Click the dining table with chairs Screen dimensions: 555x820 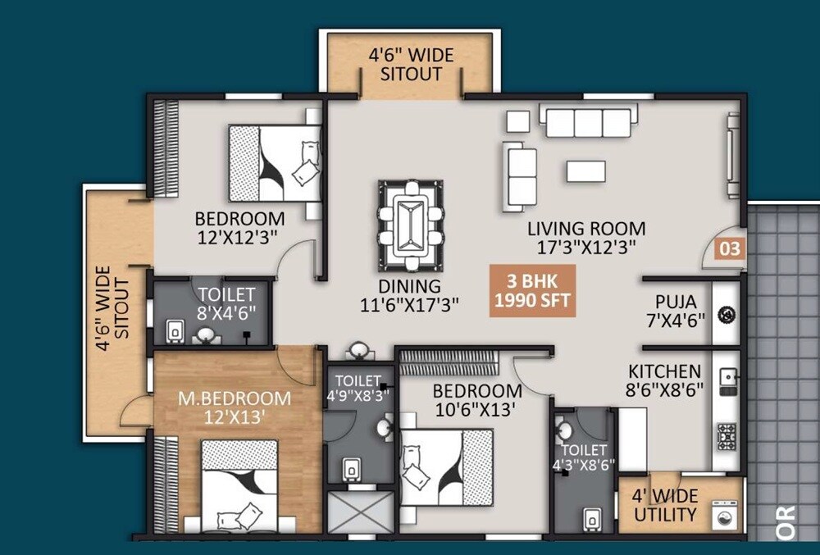tap(410, 225)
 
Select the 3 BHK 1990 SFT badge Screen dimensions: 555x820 tap(531, 290)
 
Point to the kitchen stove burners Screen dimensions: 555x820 tap(727, 434)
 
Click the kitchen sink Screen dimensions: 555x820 tap(727, 377)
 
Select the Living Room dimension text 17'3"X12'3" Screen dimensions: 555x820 tap(585, 245)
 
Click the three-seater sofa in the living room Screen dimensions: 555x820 tap(588, 123)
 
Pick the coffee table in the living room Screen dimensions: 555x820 tap(585, 171)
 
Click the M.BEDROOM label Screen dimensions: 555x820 tap(235, 398)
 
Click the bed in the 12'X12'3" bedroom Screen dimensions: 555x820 tap(274, 163)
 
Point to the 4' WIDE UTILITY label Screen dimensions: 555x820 tap(666, 506)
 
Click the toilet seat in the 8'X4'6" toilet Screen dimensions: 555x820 tap(174, 330)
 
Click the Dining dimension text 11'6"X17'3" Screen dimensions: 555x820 tap(410, 304)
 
